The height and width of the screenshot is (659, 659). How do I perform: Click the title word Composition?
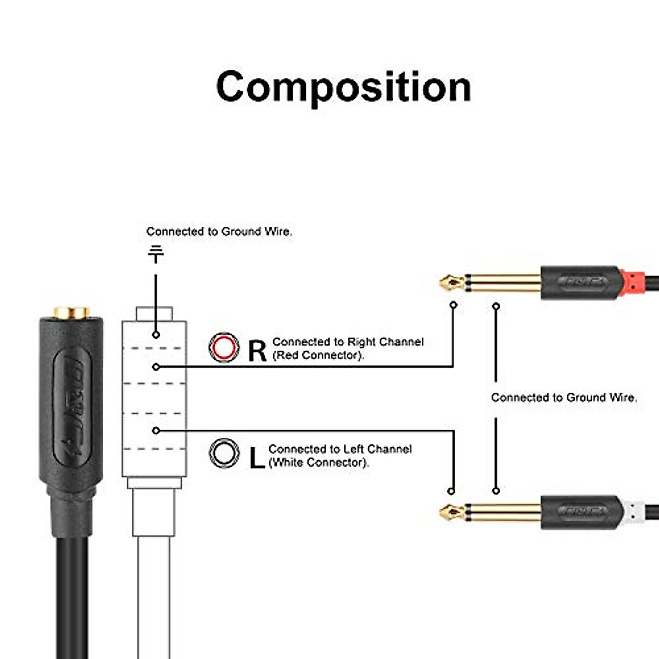tap(344, 87)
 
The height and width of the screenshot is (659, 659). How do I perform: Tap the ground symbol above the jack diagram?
tap(156, 254)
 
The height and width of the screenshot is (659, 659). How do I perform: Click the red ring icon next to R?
tap(224, 348)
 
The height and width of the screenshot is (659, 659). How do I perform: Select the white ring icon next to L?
tap(224, 454)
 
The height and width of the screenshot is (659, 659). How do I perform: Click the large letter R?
tap(257, 350)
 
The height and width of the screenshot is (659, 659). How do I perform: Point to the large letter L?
tap(256, 457)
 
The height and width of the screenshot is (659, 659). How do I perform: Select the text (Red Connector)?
tap(319, 355)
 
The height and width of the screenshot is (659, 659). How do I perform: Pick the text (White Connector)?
tap(319, 462)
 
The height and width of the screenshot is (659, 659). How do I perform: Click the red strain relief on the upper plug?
tap(634, 283)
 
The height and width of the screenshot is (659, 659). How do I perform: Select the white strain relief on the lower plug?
tap(634, 512)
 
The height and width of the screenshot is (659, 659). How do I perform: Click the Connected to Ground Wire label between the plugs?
tap(564, 398)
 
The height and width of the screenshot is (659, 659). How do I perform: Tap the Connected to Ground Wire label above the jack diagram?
tap(219, 232)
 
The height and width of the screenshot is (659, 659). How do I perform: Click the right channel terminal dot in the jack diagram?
tap(157, 366)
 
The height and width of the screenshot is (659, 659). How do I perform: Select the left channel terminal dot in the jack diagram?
tap(157, 431)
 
